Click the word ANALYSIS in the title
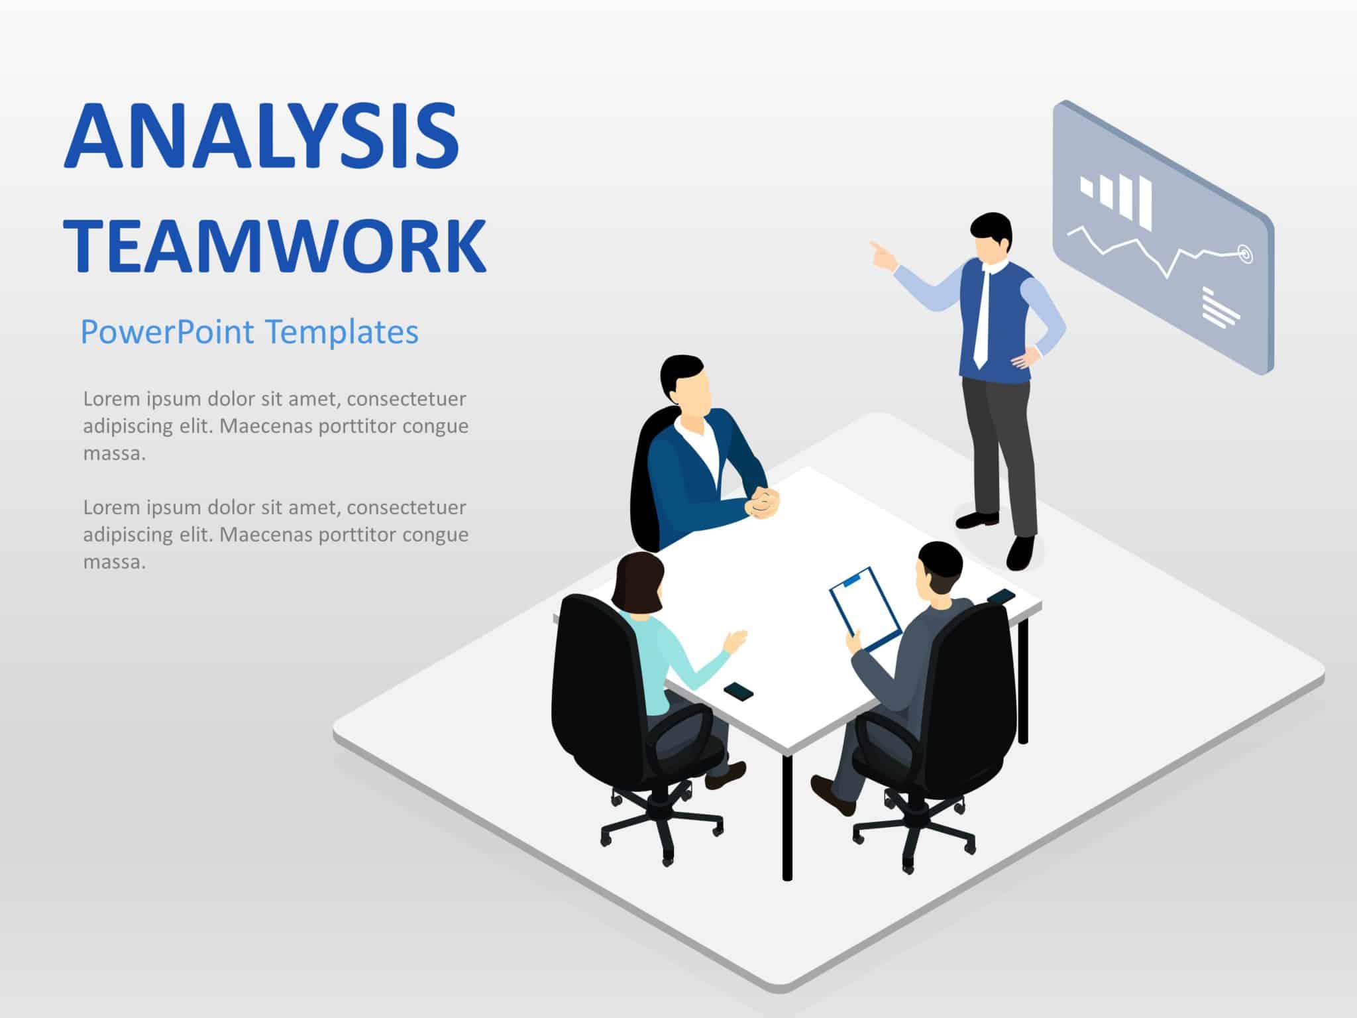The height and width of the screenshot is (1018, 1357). coord(262,137)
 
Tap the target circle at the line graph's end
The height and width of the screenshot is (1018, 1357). coord(1244,253)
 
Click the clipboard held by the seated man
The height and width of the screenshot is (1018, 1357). coord(865,607)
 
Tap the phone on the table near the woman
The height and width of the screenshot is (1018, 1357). coord(738,692)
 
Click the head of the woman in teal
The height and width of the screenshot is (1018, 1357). coord(637,584)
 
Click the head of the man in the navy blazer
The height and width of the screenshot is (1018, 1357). coord(686,382)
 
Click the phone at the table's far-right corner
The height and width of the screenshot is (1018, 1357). coord(1001,596)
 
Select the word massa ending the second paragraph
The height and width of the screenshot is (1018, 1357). coord(114,563)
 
